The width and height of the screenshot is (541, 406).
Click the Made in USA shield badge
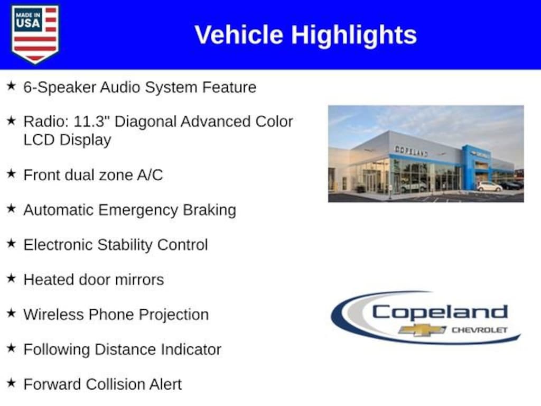[35, 34]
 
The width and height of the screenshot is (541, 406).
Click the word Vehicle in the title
[239, 34]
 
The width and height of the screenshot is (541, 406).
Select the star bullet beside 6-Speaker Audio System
[12, 86]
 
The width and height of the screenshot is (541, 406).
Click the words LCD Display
[67, 140]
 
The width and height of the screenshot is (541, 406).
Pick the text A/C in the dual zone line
[150, 174]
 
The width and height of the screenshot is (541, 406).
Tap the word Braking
[209, 210]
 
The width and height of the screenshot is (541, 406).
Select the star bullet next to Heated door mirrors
[12, 278]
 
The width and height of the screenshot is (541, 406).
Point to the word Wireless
[53, 315]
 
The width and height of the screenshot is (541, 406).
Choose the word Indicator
[191, 349]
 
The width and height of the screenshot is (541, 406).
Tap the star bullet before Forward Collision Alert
[12, 383]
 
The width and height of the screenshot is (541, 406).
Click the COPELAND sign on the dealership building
[411, 151]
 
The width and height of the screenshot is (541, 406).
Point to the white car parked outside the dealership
[489, 187]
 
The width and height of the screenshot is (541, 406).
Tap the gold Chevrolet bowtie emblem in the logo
[422, 330]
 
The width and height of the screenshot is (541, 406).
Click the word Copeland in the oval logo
[440, 312]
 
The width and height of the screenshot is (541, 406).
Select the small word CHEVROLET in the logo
[480, 330]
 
